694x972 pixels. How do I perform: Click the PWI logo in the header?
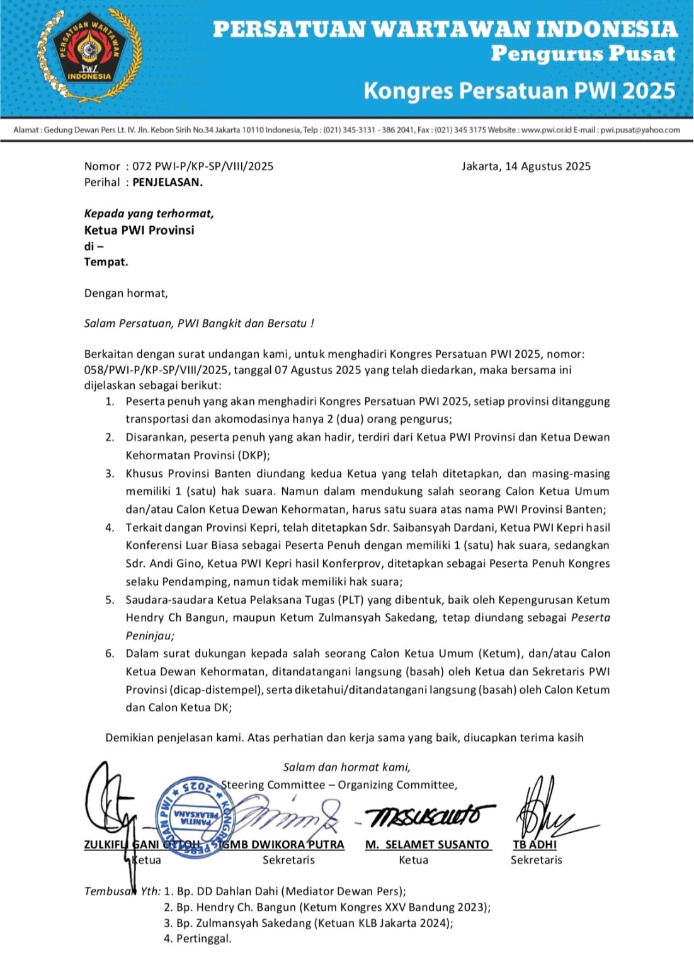(x=89, y=56)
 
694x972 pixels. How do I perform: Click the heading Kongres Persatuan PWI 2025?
(x=520, y=91)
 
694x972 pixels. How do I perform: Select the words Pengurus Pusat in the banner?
(x=583, y=54)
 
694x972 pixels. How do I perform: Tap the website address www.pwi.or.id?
(x=546, y=130)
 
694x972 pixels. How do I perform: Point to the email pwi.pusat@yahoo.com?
(x=640, y=130)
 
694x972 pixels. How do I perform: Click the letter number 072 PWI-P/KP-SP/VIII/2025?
(x=203, y=166)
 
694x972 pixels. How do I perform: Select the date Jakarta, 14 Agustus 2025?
(x=526, y=166)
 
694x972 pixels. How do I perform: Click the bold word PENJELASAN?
(x=168, y=183)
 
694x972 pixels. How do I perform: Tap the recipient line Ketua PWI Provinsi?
(x=139, y=230)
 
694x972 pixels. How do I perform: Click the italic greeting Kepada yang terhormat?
(x=149, y=214)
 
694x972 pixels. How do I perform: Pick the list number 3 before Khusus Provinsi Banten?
(x=110, y=474)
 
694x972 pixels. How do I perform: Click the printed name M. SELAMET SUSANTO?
(x=427, y=844)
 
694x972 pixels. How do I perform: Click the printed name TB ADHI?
(x=535, y=844)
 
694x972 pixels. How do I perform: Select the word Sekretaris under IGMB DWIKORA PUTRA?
(x=288, y=860)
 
